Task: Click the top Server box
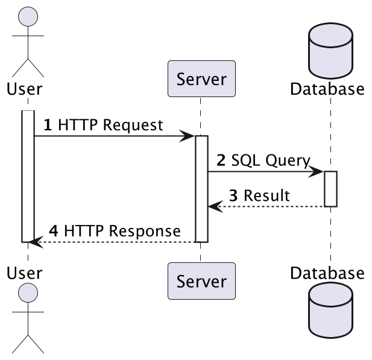201,78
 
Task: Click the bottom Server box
201,280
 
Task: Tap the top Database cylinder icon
330,52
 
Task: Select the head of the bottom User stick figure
28,294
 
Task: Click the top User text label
24,89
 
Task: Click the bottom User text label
24,273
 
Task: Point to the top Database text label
327,89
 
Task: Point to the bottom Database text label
327,273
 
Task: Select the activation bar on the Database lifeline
330,189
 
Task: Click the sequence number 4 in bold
53,231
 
